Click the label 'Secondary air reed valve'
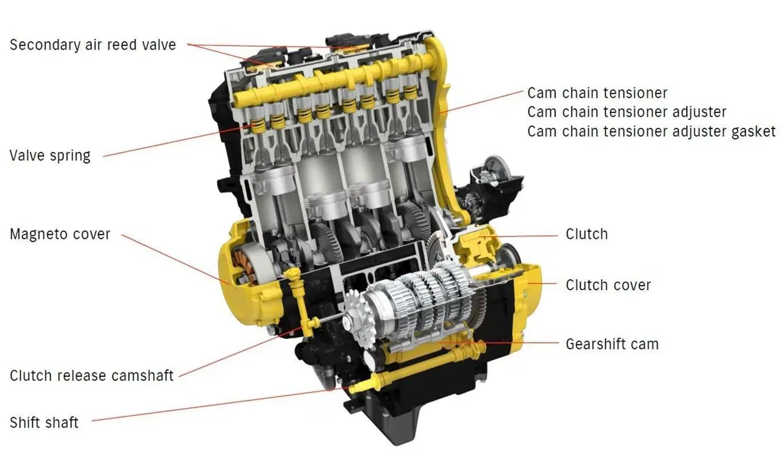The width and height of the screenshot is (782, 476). [93, 45]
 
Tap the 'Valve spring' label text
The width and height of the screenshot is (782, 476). [50, 156]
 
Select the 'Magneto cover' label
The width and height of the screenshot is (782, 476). [60, 234]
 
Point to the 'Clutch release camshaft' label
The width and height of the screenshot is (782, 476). [91, 376]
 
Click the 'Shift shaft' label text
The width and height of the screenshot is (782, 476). [44, 423]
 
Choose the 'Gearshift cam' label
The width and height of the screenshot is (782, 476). [613, 344]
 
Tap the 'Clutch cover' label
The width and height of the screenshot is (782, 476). [608, 285]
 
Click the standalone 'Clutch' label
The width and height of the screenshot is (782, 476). [586, 234]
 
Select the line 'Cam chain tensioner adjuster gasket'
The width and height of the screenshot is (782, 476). [652, 132]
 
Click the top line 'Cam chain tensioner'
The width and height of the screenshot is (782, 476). [598, 93]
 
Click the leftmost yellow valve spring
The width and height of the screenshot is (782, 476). [258, 126]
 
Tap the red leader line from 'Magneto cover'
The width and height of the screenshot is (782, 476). [175, 260]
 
